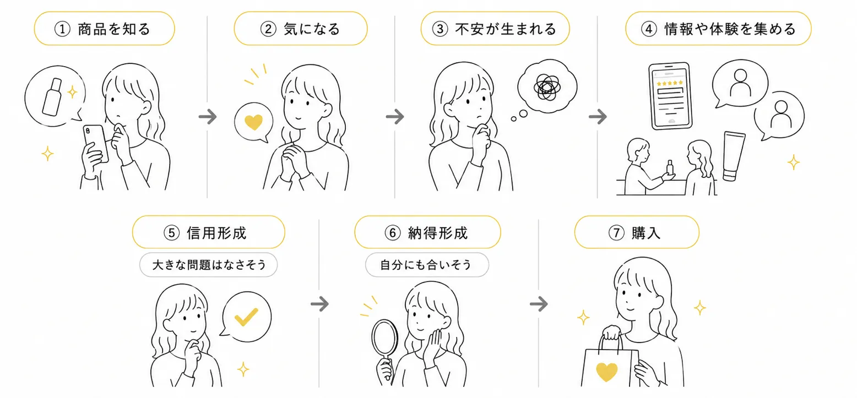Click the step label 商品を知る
114,29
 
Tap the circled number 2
268,29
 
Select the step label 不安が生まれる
506,29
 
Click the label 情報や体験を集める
730,29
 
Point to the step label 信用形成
216,233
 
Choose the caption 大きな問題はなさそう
209,265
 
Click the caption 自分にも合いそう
426,265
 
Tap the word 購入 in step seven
646,233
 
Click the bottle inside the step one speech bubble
52,97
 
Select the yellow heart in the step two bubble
253,122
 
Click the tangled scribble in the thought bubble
547,87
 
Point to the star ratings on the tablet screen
670,83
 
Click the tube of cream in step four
734,156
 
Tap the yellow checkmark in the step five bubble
246,317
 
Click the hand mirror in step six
384,348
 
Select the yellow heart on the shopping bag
607,372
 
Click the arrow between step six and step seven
539,304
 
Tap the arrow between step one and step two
208,117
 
